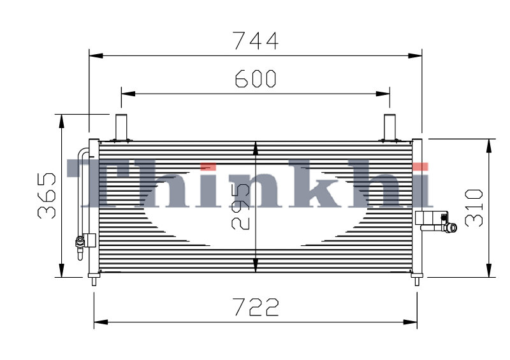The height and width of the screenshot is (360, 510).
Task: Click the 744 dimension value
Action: point(256,41)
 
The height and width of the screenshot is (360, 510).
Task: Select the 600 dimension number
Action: point(256,79)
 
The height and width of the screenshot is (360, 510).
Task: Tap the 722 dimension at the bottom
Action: point(256,307)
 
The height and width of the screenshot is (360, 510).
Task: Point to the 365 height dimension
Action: point(47,196)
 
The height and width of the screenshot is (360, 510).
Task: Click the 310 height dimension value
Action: point(474,208)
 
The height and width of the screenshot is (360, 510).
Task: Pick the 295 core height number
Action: point(241,206)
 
